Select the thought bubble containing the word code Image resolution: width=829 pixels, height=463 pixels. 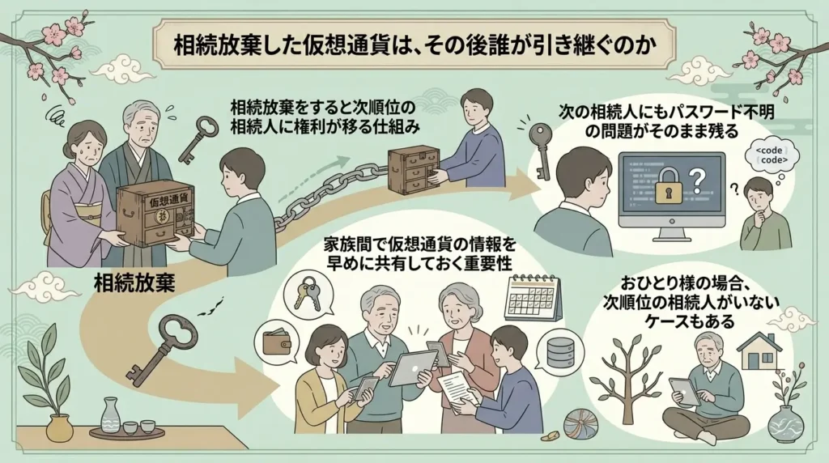click(x=772, y=155)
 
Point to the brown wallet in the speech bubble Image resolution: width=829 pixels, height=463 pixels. click(x=277, y=342)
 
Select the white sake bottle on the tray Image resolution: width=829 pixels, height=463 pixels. click(x=110, y=415)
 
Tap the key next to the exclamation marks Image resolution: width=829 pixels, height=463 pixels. click(x=541, y=151)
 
